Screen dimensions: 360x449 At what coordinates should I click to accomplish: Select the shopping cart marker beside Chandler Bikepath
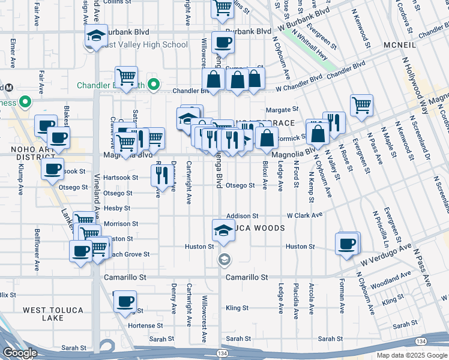point(126,79)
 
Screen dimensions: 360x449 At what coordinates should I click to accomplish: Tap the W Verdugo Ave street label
point(386,255)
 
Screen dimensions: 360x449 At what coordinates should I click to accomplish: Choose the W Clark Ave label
point(304,215)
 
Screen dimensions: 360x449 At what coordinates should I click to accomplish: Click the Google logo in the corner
point(20,353)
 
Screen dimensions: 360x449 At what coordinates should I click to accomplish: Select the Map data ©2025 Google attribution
point(411,355)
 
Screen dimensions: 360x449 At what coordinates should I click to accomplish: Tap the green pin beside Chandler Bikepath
point(153,85)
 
